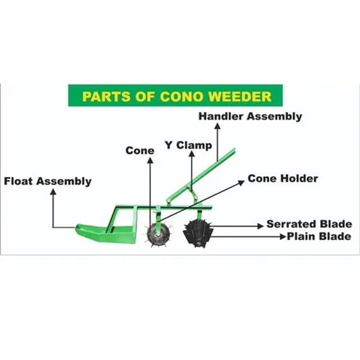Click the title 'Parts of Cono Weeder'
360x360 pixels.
point(176,97)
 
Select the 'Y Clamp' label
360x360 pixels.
point(188,145)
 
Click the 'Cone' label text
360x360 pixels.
point(140,150)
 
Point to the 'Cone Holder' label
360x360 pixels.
point(282,179)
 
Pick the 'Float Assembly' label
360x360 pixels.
point(48,181)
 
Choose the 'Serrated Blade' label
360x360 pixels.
point(309,224)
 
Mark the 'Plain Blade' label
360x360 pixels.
point(318,237)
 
